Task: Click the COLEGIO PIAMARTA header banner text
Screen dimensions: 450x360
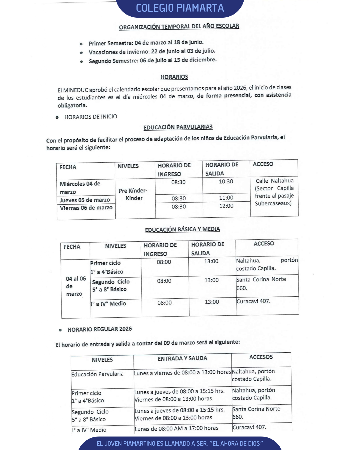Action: pos(180,8)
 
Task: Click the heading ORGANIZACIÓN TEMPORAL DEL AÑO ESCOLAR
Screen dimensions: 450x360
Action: pos(179,26)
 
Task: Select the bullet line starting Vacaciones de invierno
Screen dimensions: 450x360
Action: pos(152,52)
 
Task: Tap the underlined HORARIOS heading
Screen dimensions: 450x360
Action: pos(174,77)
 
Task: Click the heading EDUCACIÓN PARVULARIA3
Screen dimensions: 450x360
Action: pos(178,127)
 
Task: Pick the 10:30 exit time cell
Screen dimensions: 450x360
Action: pos(226,182)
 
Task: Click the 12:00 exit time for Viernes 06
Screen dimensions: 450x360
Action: pos(226,206)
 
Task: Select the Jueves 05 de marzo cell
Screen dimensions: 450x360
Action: pos(85,200)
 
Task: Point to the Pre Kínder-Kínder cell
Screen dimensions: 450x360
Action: pos(133,194)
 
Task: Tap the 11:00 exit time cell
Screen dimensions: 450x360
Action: pos(226,198)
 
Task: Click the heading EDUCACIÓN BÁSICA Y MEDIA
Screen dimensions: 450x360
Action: pos(182,229)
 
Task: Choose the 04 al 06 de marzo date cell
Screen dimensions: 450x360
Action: pos(75,286)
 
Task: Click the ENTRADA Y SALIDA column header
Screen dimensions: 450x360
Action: pos(182,358)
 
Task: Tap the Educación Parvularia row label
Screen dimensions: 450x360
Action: pos(97,374)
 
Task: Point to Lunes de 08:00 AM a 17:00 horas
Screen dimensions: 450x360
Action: pos(176,428)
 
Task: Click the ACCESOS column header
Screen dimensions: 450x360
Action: pos(261,357)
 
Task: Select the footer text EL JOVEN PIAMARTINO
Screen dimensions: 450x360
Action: pos(180,444)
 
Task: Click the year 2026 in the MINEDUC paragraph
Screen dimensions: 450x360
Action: pos(240,88)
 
